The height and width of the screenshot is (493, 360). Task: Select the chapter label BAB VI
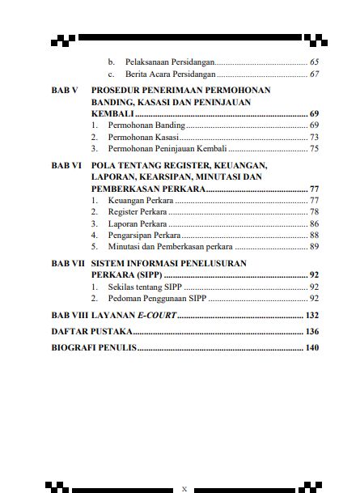[66, 164]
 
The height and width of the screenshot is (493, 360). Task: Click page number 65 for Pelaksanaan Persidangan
[314, 62]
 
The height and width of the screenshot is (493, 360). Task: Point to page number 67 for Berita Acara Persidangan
[314, 74]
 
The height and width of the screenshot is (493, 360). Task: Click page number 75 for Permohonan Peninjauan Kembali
[314, 149]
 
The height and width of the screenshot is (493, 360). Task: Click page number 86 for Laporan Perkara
[314, 223]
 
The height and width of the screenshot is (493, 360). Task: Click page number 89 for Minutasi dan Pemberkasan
[314, 246]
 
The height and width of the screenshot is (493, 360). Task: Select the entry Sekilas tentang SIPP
[146, 287]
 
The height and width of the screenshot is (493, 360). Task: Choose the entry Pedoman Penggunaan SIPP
[154, 298]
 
